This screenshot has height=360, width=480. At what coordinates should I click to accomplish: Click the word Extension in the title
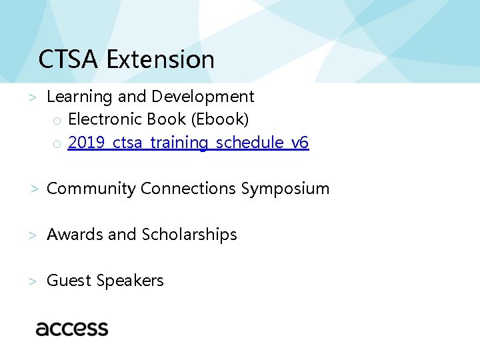coord(160,59)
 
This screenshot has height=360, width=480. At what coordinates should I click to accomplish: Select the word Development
coord(203,97)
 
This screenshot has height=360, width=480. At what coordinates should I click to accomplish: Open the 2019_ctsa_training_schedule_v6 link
coord(189,143)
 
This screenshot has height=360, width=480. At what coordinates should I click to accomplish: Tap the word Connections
coord(189,189)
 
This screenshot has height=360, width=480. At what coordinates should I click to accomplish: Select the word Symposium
coord(285,189)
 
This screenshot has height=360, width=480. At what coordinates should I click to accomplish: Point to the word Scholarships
coord(189,235)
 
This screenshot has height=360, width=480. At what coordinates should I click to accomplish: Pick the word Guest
coord(69,281)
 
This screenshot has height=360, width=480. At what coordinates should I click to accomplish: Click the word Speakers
coord(130,281)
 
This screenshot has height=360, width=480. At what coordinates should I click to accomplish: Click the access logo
coord(72,328)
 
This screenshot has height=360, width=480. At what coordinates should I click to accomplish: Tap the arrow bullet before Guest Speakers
coord(31,281)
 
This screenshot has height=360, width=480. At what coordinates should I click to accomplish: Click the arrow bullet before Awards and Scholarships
coord(31,235)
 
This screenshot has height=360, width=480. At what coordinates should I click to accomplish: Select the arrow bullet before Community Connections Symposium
coord(34,189)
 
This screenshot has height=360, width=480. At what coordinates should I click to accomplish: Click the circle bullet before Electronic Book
coord(57,121)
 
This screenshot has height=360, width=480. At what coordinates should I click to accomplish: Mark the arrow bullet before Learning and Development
coord(31,97)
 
